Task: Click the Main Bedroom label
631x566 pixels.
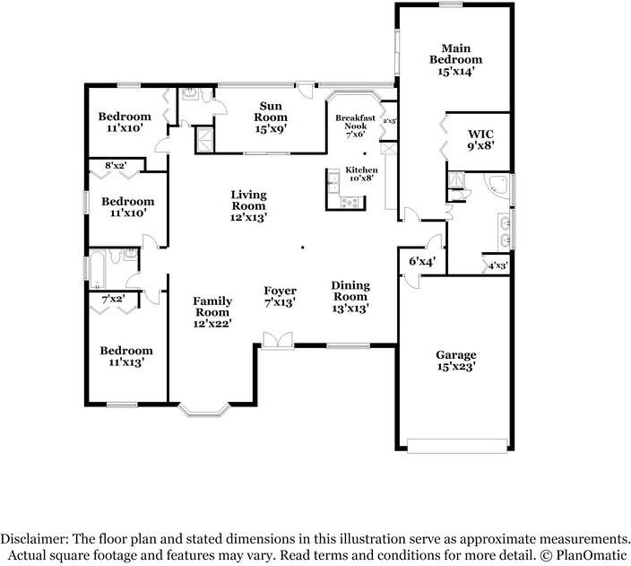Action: click(455, 60)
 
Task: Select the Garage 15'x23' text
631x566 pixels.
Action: click(455, 360)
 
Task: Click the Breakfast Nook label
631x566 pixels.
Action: click(356, 126)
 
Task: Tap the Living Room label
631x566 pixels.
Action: click(248, 205)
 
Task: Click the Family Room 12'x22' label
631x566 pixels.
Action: click(212, 312)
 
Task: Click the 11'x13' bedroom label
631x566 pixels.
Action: click(125, 356)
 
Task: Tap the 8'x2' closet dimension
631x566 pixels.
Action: click(117, 166)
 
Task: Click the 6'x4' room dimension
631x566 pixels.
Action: click(421, 262)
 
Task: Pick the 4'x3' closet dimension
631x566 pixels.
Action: click(497, 266)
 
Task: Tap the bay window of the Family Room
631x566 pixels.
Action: click(204, 410)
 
